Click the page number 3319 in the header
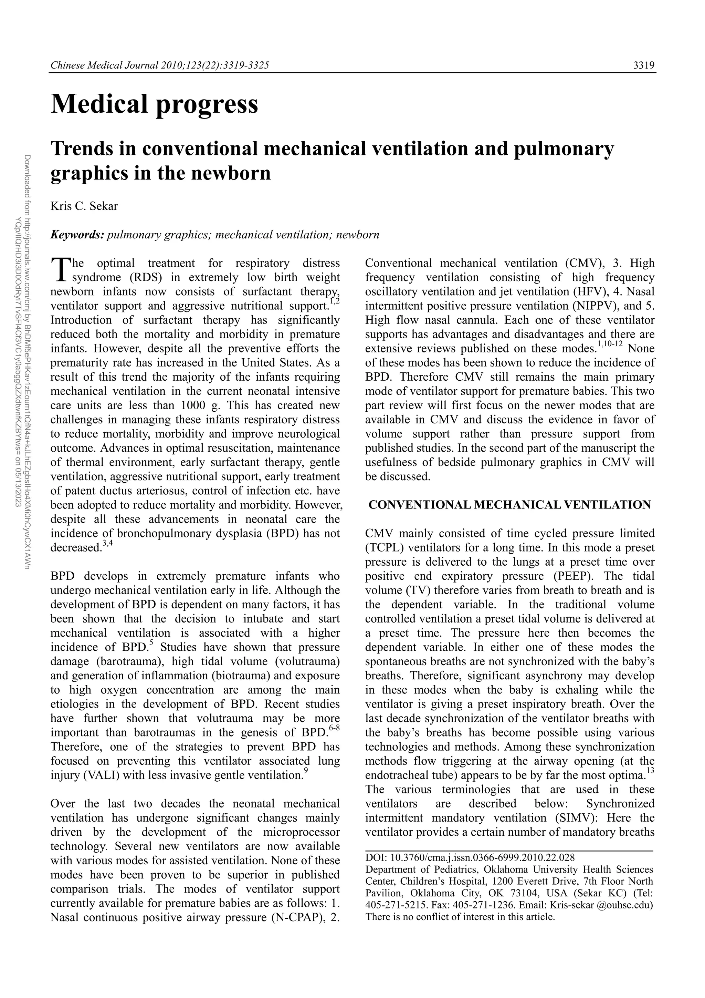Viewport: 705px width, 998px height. [x=643, y=66]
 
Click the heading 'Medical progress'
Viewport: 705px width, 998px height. [x=154, y=104]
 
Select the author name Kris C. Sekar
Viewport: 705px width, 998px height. [x=84, y=206]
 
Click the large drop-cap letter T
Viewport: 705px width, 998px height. [x=60, y=269]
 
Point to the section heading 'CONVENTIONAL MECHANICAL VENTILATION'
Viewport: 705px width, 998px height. [x=509, y=505]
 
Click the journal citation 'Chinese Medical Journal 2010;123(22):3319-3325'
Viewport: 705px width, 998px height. [x=160, y=66]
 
